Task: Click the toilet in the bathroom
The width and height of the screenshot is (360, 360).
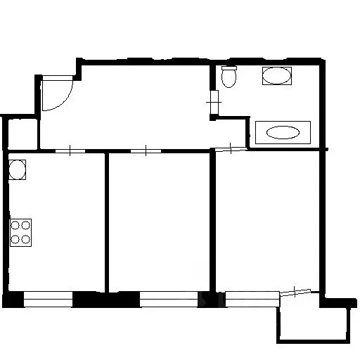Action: click(229, 77)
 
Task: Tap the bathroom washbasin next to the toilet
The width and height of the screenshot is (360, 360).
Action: click(276, 76)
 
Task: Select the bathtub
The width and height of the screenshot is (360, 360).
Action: click(282, 131)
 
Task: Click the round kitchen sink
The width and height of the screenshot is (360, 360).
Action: click(18, 169)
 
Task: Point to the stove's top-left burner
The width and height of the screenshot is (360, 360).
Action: click(15, 226)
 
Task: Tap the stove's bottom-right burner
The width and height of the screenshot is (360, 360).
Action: click(26, 238)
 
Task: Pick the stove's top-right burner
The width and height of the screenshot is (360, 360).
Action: click(26, 226)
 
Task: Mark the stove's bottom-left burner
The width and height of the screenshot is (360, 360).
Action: click(15, 238)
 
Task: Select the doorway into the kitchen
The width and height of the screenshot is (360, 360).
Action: click(71, 150)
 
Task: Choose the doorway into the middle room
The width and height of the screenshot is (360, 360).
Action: click(143, 150)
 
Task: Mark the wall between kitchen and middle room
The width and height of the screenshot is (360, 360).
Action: click(107, 221)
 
